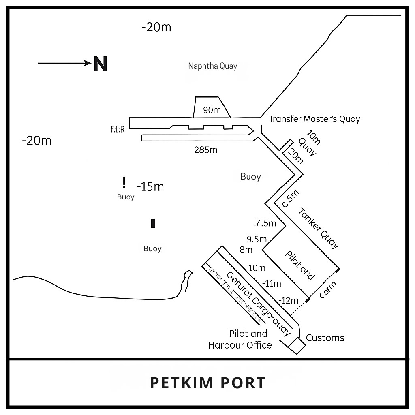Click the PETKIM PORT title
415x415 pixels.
pos(207,383)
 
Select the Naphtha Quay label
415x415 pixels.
pos(212,66)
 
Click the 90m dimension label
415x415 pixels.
pos(212,110)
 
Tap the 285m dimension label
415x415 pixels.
pos(205,150)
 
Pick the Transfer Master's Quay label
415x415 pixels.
pos(314,119)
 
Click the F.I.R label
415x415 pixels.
pos(117,129)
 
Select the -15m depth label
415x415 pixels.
pos(150,187)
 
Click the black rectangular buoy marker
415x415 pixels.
pos(153,223)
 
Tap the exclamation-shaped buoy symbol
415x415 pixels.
pos(124,183)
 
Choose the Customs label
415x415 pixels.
pos(325,338)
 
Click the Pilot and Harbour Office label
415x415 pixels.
pos(240,339)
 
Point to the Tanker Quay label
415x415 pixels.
pos(318,228)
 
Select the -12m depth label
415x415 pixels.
pos(289,300)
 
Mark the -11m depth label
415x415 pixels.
pos(272,283)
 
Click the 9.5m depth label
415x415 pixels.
pos(257,239)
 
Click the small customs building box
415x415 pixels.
pos(297,344)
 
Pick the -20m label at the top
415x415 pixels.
pos(156,27)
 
